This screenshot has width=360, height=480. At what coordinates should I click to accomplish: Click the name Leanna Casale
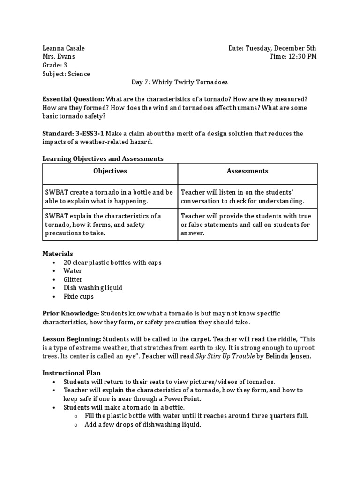point(64,48)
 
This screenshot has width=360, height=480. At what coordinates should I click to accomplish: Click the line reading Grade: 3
point(55,65)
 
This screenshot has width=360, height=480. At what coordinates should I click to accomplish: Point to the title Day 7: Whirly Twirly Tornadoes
point(180,82)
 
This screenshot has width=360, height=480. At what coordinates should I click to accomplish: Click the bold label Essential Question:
point(74,99)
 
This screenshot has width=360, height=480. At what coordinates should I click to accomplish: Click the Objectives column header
point(110,171)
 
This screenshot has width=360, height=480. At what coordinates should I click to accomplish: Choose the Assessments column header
point(247,171)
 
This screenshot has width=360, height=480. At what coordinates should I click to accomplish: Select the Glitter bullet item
point(73,279)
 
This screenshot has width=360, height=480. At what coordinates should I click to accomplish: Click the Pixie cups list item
point(79,296)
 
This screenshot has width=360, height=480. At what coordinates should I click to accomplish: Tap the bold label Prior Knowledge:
point(71,313)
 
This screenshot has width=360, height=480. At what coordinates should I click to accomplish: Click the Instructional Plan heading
point(71,373)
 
